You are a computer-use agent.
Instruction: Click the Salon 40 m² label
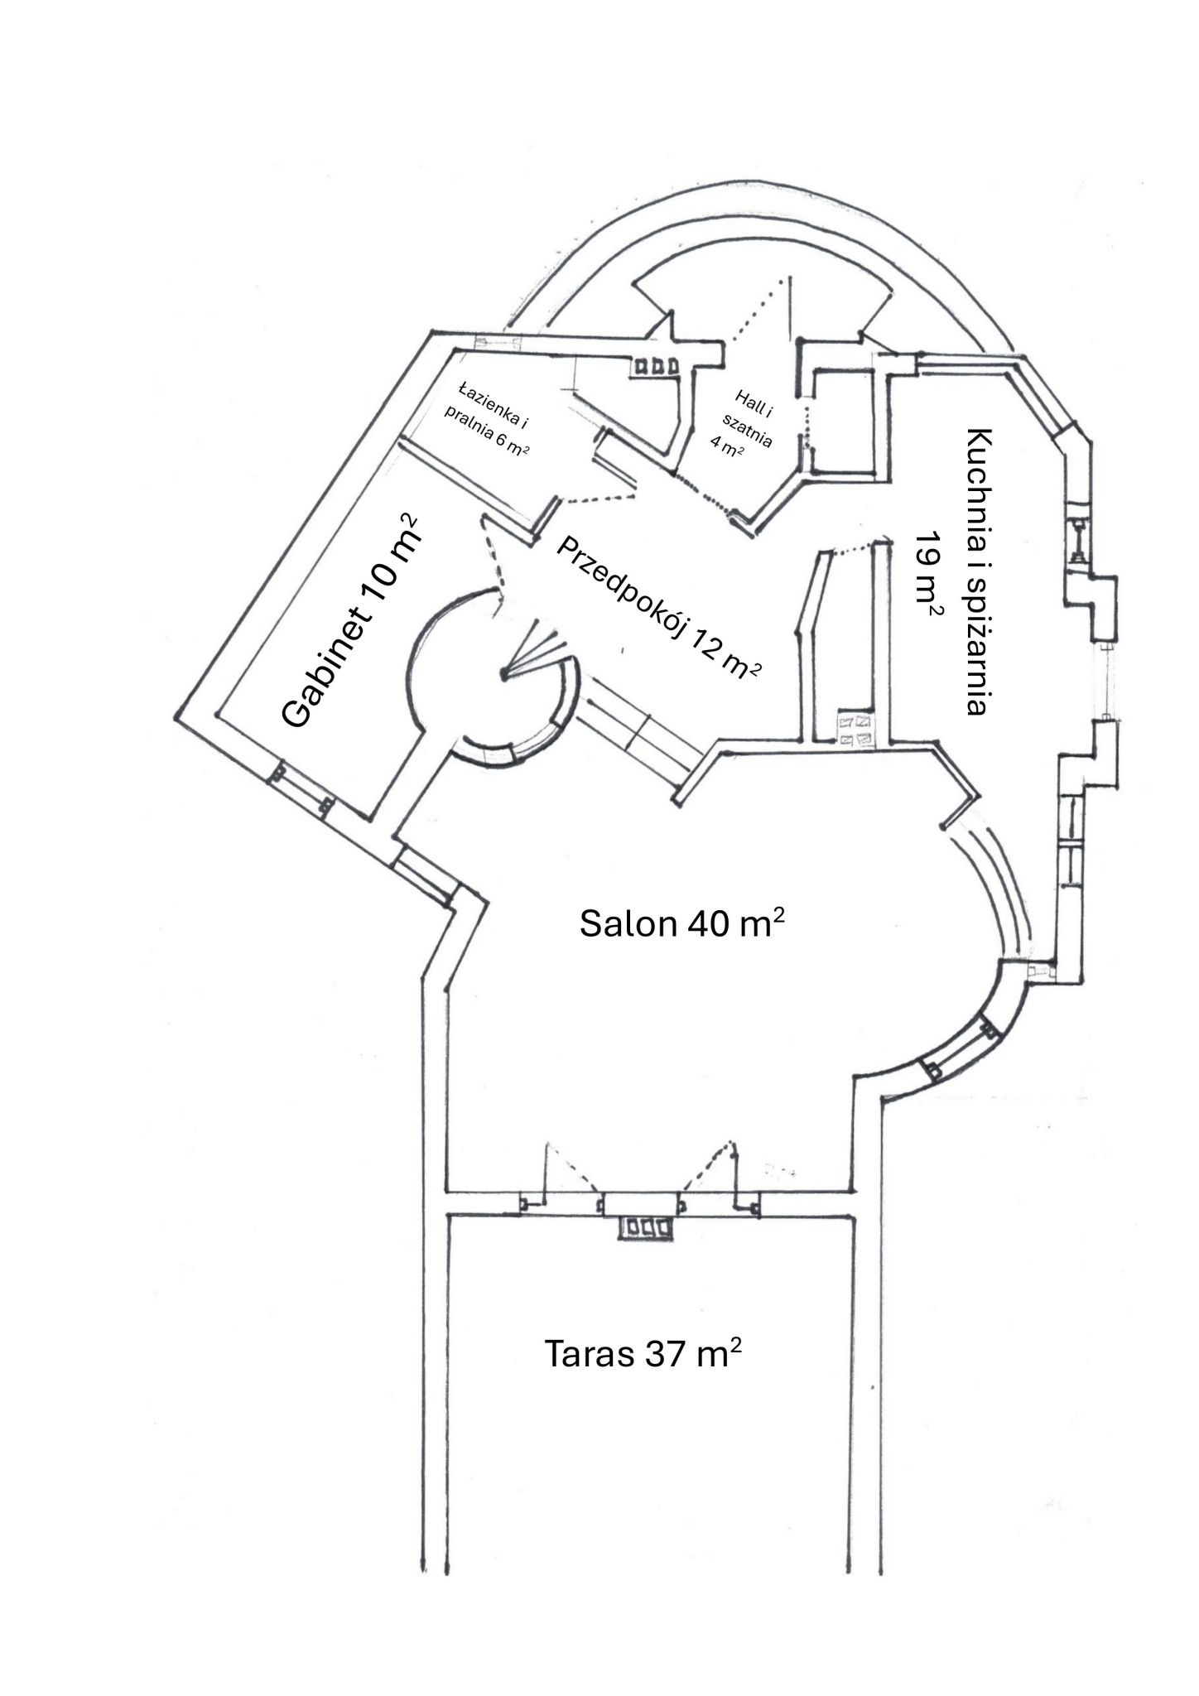point(681,921)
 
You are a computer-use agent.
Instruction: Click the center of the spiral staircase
point(503,675)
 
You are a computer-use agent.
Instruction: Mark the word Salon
point(628,923)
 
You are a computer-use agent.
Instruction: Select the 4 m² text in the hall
point(726,445)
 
